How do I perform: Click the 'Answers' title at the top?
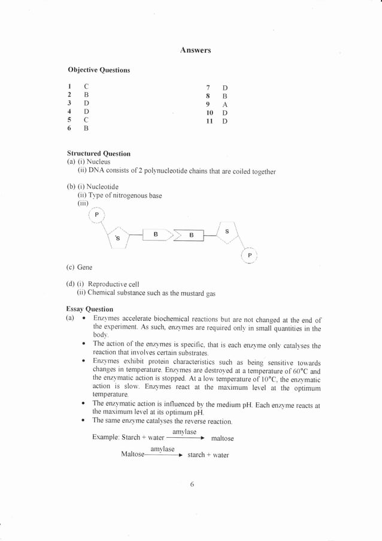195,50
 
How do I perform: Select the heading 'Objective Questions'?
99,70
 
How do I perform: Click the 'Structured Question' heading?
99,154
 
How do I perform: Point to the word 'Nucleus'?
98,162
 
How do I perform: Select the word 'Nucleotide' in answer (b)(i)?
101,187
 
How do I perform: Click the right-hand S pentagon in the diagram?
226,232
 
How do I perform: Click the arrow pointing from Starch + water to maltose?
185,438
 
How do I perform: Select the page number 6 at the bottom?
192,484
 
